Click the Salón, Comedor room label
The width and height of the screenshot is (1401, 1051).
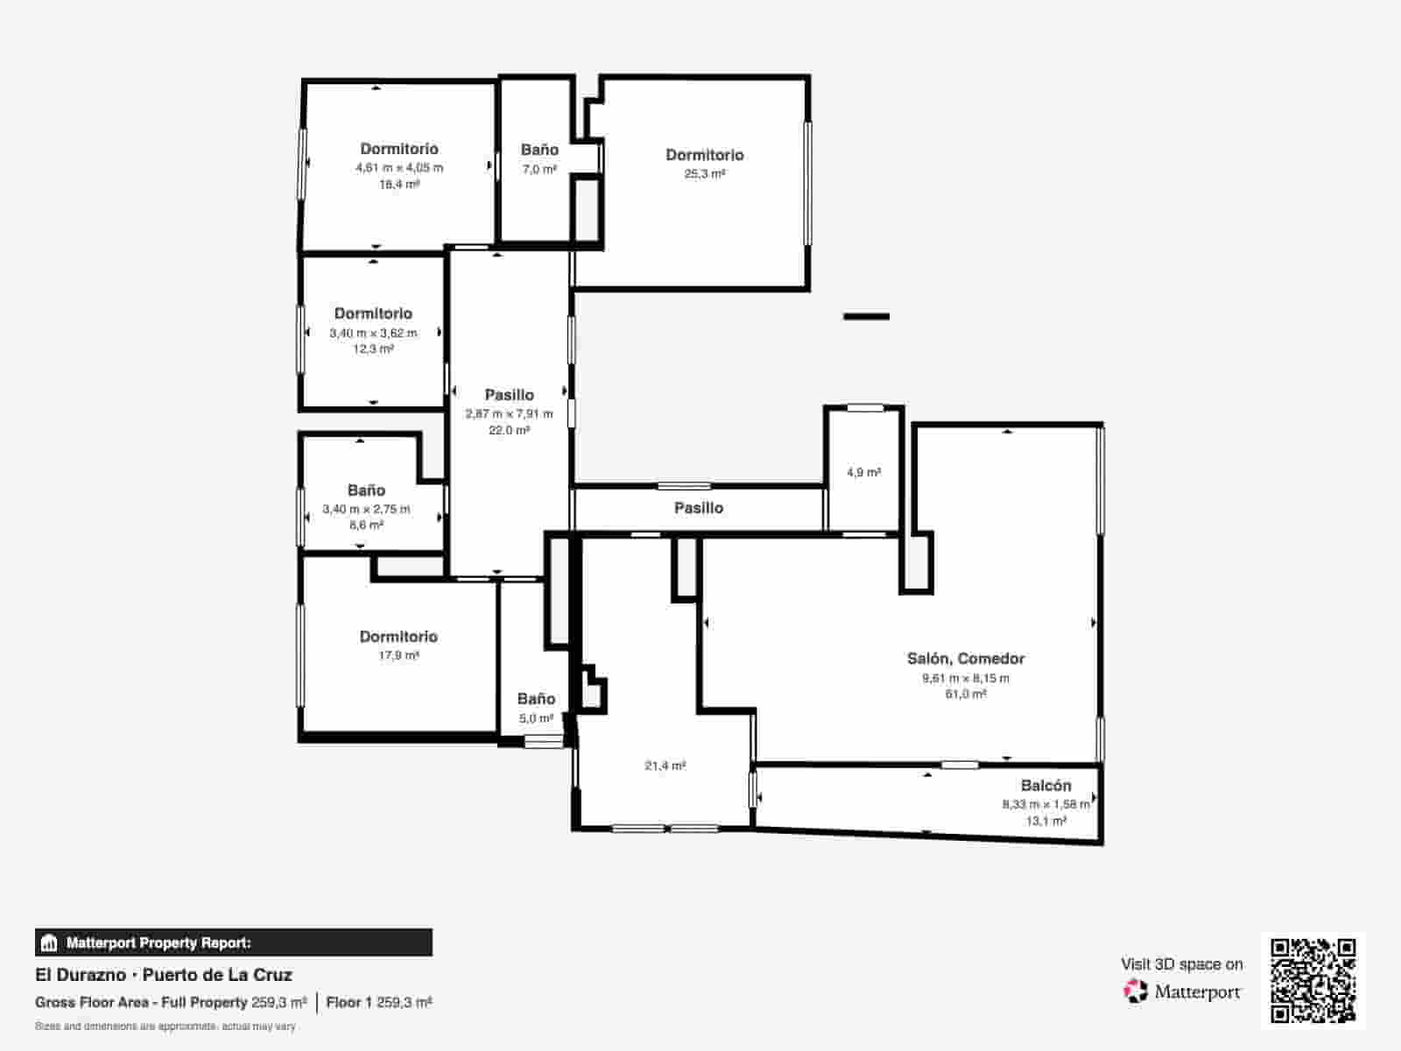[x=965, y=659]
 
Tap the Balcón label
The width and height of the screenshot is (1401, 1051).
[x=1045, y=786]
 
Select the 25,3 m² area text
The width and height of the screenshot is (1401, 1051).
[x=704, y=174]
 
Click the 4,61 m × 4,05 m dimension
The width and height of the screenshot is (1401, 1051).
[x=399, y=167]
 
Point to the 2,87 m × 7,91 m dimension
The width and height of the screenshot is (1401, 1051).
[x=509, y=413]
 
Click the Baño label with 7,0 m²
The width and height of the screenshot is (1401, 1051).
[x=539, y=150]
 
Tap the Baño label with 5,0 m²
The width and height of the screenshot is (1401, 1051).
[x=536, y=699]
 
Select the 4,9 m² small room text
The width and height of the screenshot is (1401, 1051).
[x=863, y=472]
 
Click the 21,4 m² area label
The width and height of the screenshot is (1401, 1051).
[x=665, y=765]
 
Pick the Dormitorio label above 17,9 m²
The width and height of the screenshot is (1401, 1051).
[x=398, y=637]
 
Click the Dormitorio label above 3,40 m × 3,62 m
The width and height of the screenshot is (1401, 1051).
[x=373, y=314]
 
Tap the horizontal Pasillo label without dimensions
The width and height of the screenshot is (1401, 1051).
[x=698, y=508]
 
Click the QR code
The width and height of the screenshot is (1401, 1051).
[x=1313, y=980]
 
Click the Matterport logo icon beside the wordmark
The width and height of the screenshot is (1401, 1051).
[x=1136, y=991]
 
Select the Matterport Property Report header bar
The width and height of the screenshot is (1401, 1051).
[x=233, y=942]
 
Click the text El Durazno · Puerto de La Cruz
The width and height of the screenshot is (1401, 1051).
[x=164, y=975]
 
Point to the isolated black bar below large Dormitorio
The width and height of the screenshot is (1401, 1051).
[x=866, y=316]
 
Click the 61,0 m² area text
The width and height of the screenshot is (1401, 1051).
[x=965, y=695]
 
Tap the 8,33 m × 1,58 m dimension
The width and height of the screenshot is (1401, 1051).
[x=1045, y=804]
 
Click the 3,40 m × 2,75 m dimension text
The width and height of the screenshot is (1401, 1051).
[x=366, y=509]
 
